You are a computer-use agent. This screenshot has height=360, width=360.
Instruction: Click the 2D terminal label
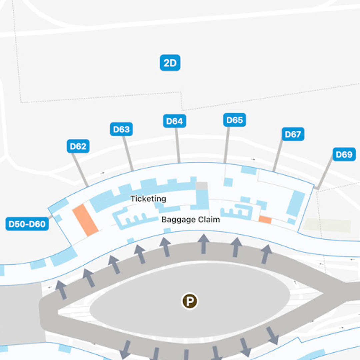point(170,63)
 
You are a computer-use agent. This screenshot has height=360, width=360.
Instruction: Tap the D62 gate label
point(78,146)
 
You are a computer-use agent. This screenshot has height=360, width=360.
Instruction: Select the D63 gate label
point(121,129)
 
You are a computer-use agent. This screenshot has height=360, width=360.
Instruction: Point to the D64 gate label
point(175,121)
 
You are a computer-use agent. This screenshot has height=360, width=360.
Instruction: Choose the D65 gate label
point(234,120)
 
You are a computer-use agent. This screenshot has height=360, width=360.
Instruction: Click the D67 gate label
point(293,134)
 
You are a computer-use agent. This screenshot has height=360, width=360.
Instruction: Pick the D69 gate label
point(344,154)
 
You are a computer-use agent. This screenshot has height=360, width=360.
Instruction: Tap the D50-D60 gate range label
point(27,224)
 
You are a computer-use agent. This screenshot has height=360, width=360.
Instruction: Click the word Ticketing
point(148,199)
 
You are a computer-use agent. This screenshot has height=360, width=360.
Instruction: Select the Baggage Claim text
point(191,220)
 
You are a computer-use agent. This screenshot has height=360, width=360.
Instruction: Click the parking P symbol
point(190,301)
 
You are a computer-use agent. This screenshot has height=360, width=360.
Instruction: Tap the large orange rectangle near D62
point(85,220)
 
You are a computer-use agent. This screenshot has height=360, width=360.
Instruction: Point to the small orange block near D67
point(265,220)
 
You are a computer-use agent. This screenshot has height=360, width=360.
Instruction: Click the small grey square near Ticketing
point(201,186)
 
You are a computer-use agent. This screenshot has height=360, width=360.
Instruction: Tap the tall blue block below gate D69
point(296,203)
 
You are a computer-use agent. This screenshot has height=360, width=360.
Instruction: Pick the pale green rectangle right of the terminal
point(327,226)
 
